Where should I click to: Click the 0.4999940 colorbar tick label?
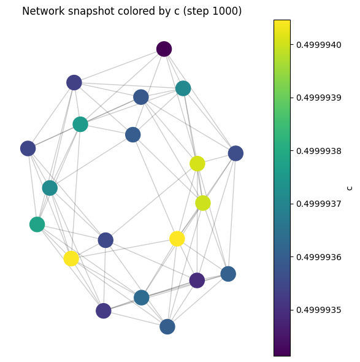pos(319,45)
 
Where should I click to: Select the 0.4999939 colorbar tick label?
pos(319,98)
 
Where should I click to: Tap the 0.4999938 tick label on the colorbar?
pos(319,151)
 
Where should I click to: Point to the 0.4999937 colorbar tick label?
pos(319,204)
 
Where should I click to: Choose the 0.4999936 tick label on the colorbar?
pos(319,257)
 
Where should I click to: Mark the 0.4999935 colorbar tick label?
pos(319,310)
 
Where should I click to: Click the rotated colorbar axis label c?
pos(350,188)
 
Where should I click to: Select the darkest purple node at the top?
pos(164,49)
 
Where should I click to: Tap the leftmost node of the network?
pos(28,148)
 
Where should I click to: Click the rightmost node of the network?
pos(236,153)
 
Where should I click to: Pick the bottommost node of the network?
pos(167,326)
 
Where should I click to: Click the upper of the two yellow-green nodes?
pos(197,164)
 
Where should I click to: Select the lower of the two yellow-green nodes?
pos(203,203)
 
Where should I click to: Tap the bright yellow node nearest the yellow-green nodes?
pos(177,239)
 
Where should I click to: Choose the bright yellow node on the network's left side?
pos(71,258)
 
